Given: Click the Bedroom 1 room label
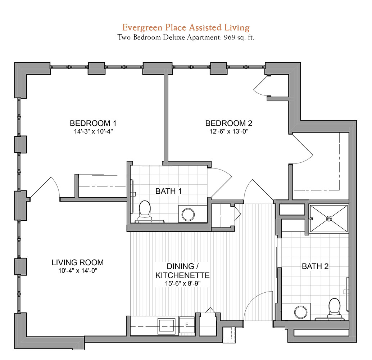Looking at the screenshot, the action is point(93,123).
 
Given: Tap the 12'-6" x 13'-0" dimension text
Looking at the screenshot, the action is point(229,131).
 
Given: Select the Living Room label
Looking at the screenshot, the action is point(78,262).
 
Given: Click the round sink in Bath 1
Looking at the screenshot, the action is point(188,215).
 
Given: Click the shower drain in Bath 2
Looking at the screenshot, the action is point(329,219).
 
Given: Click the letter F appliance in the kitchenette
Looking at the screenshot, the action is point(187,325).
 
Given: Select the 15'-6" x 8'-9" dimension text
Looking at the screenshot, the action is point(183,283).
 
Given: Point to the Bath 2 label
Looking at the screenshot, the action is point(315,266).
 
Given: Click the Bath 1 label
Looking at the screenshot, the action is point(168,191).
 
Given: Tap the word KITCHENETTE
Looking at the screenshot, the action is point(182,275).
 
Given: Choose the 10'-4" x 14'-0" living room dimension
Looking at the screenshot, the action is point(78,270).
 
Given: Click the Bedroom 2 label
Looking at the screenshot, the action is point(229,123).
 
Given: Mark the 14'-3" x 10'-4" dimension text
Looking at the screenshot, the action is point(93,131).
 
